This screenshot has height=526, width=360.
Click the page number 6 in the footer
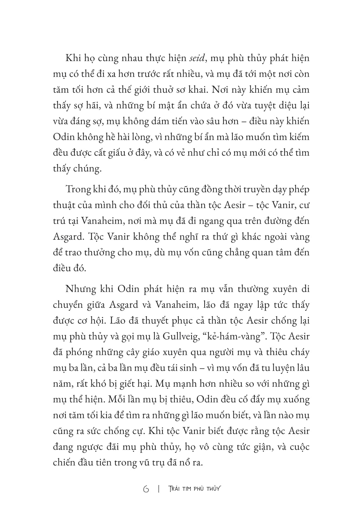(146, 489)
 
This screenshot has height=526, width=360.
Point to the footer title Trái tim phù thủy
(194, 489)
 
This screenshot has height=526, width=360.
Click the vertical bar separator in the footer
(159, 489)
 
